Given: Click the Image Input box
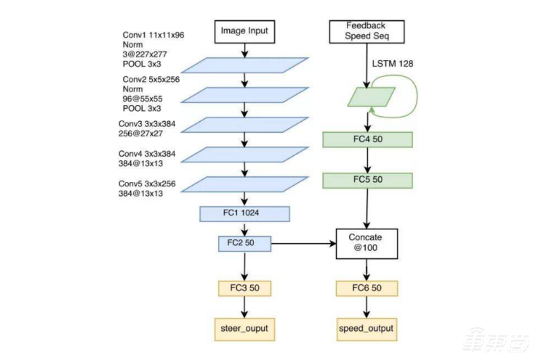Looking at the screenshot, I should click(244, 31).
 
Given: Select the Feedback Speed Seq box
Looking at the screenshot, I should click(367, 31).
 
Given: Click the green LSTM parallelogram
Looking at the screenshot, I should click(367, 96).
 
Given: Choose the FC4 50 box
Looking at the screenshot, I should click(367, 140).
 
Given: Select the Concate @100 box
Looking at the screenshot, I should click(367, 242).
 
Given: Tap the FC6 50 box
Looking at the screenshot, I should click(367, 289).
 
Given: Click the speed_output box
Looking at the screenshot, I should click(367, 329).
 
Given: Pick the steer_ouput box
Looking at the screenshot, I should click(244, 329).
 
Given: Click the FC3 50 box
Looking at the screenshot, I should click(244, 289).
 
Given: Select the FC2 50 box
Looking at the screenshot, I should click(244, 243).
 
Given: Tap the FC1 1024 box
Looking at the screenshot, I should click(244, 214).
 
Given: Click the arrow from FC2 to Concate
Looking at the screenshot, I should click(303, 243).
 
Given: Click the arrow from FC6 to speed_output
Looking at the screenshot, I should click(367, 308).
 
